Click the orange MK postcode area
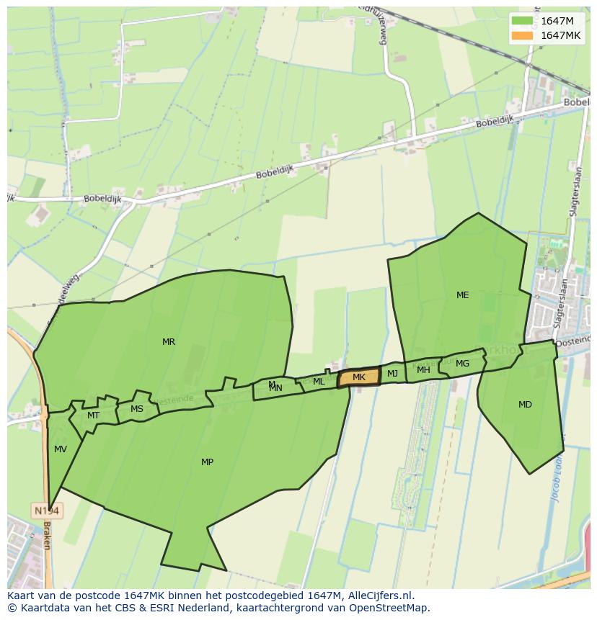(x=359, y=377)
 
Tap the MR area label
(x=169, y=342)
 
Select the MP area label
(x=207, y=462)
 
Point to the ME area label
(x=462, y=295)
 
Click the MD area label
(x=525, y=405)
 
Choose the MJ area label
(x=392, y=374)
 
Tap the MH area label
(x=423, y=370)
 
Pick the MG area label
(x=462, y=364)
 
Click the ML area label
(x=319, y=382)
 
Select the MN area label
(x=275, y=388)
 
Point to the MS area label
(x=137, y=409)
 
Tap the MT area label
(x=93, y=415)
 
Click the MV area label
(x=61, y=449)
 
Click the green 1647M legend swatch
(x=523, y=21)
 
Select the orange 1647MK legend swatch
(x=523, y=35)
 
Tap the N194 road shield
(x=48, y=511)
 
